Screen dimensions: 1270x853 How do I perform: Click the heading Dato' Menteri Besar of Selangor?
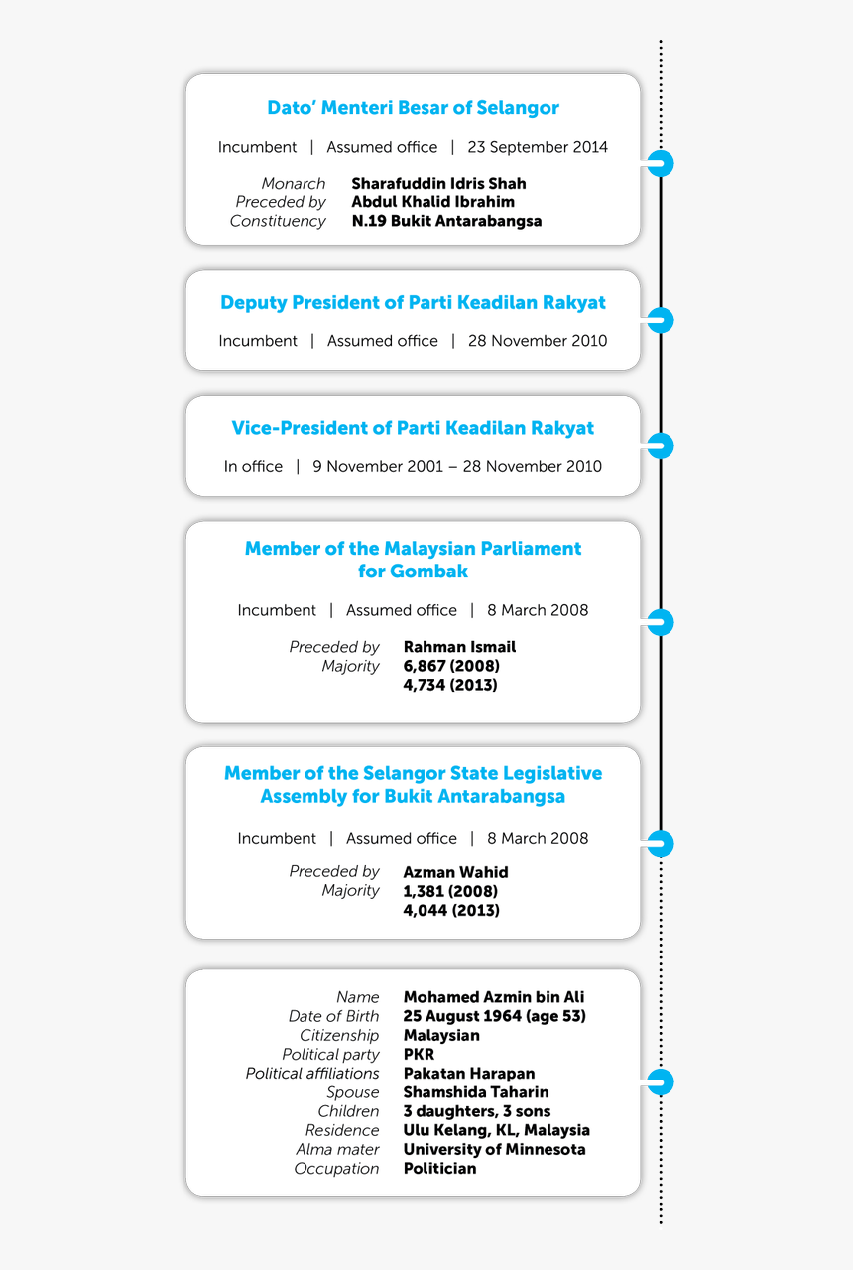pyautogui.click(x=413, y=108)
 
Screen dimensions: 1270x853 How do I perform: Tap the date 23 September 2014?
pyautogui.click(x=538, y=147)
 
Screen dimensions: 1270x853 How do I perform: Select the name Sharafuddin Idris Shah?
pyautogui.click(x=438, y=183)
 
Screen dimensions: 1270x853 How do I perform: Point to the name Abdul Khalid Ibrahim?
pyautogui.click(x=432, y=201)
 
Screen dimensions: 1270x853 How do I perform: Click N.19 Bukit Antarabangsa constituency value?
pyautogui.click(x=446, y=221)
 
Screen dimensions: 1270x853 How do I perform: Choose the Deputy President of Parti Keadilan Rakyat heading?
pyautogui.click(x=413, y=302)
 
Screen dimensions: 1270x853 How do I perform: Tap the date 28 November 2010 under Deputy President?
pyautogui.click(x=538, y=341)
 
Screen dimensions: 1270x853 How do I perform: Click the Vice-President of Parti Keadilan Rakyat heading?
pyautogui.click(x=413, y=428)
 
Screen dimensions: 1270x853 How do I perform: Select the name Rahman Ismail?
pyautogui.click(x=459, y=647)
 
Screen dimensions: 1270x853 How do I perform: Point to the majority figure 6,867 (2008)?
pyautogui.click(x=451, y=666)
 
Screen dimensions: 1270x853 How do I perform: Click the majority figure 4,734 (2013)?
pyautogui.click(x=450, y=685)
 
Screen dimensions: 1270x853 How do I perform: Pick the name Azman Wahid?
pyautogui.click(x=455, y=872)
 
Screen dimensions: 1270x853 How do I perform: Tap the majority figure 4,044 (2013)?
pyautogui.click(x=451, y=910)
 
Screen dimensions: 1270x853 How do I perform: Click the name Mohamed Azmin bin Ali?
pyautogui.click(x=494, y=997)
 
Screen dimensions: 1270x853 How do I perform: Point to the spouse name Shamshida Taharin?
pyautogui.click(x=476, y=1092)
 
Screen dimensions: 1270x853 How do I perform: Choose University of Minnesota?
pyautogui.click(x=494, y=1149)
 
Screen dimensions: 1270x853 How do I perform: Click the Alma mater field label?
pyautogui.click(x=337, y=1149)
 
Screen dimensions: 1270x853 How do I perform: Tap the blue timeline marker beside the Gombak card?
pyautogui.click(x=661, y=623)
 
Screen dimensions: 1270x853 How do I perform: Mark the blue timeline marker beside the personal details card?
pyautogui.click(x=661, y=1081)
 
